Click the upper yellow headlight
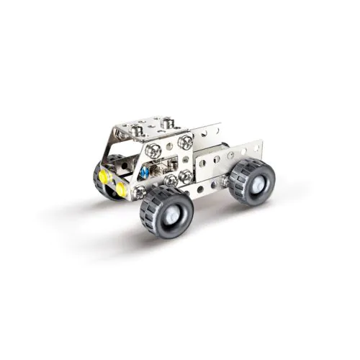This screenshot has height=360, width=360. (x=106, y=176)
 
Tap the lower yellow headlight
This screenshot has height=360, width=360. (x=121, y=189)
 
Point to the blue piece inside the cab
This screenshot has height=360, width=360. (x=145, y=174)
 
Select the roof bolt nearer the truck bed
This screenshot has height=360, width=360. (x=167, y=124)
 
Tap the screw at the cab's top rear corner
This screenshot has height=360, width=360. (x=186, y=143)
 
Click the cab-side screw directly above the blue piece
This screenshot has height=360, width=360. (x=153, y=151)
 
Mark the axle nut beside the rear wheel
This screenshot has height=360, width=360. (x=225, y=180)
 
